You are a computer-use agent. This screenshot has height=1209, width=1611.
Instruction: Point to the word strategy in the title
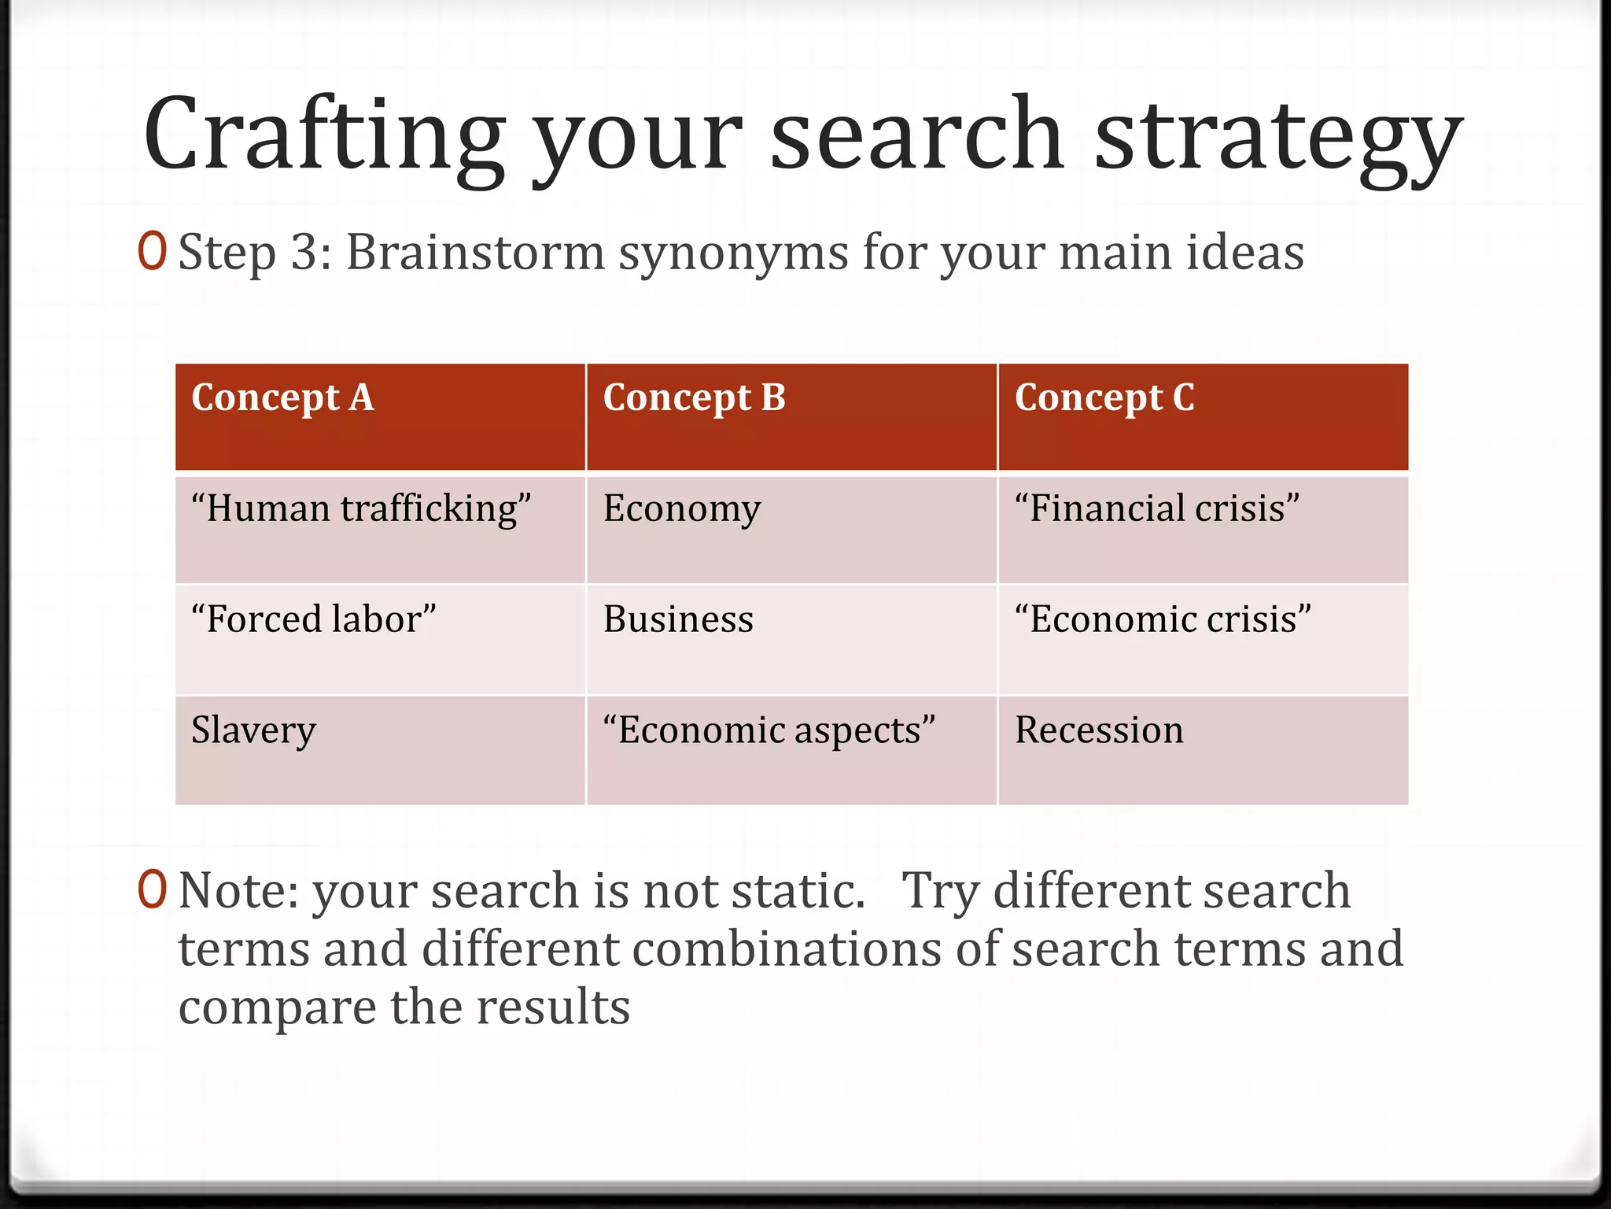click(1278, 135)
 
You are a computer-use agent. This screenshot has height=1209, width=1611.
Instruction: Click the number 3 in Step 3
click(304, 253)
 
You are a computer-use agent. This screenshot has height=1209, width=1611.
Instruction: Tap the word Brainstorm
click(475, 253)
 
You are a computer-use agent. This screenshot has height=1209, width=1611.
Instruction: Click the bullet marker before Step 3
click(152, 251)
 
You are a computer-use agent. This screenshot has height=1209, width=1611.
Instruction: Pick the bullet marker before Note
click(152, 889)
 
